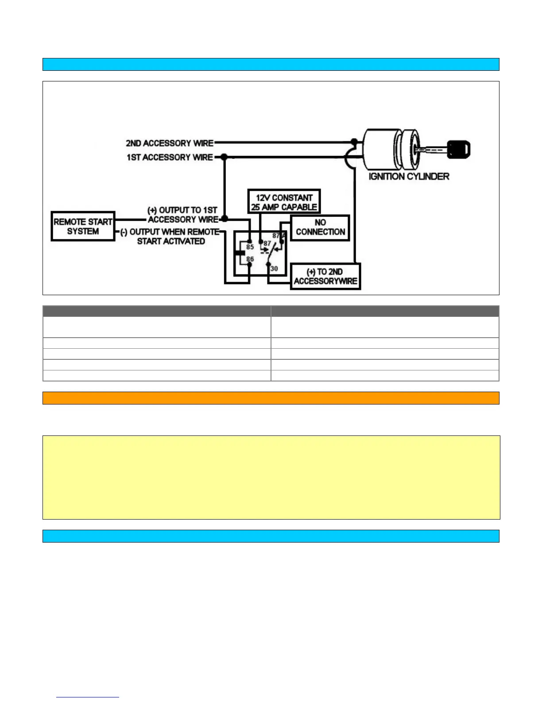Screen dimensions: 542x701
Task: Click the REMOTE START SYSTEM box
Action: coord(83,226)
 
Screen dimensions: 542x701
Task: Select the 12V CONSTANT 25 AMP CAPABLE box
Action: coord(284,202)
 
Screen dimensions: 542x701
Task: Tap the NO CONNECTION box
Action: coord(320,227)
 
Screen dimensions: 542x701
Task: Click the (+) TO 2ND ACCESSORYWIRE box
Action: coord(325,277)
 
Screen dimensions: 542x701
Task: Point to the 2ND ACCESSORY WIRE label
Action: coord(170,143)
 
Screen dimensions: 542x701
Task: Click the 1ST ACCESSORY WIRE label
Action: coord(170,157)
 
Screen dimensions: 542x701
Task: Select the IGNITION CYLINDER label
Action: coord(409,177)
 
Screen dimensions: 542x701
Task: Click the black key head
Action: coord(458,150)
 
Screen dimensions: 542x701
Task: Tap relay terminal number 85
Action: coord(250,247)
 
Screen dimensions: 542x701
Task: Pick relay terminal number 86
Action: coord(250,259)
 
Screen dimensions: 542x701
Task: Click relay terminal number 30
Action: coord(274,269)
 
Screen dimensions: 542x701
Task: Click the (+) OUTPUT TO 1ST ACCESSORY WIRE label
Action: coord(182,215)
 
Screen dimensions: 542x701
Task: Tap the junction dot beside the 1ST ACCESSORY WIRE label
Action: coord(224,157)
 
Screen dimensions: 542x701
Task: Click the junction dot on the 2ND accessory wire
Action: coord(354,142)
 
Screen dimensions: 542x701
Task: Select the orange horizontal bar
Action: coord(271,398)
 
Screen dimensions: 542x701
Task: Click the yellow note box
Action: coord(271,477)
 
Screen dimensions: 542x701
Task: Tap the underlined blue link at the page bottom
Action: coord(88,697)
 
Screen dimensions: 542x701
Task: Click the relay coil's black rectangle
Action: coord(240,253)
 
